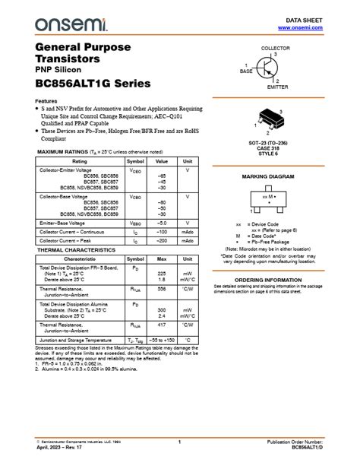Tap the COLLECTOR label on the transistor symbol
coord(275,48)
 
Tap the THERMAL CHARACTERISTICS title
coord(76,249)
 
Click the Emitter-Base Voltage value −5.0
coord(161,223)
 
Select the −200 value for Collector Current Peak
coord(161,240)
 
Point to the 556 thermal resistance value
coord(161,289)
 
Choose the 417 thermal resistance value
coord(161,325)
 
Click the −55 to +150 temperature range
coord(161,340)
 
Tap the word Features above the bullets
coord(46,101)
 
